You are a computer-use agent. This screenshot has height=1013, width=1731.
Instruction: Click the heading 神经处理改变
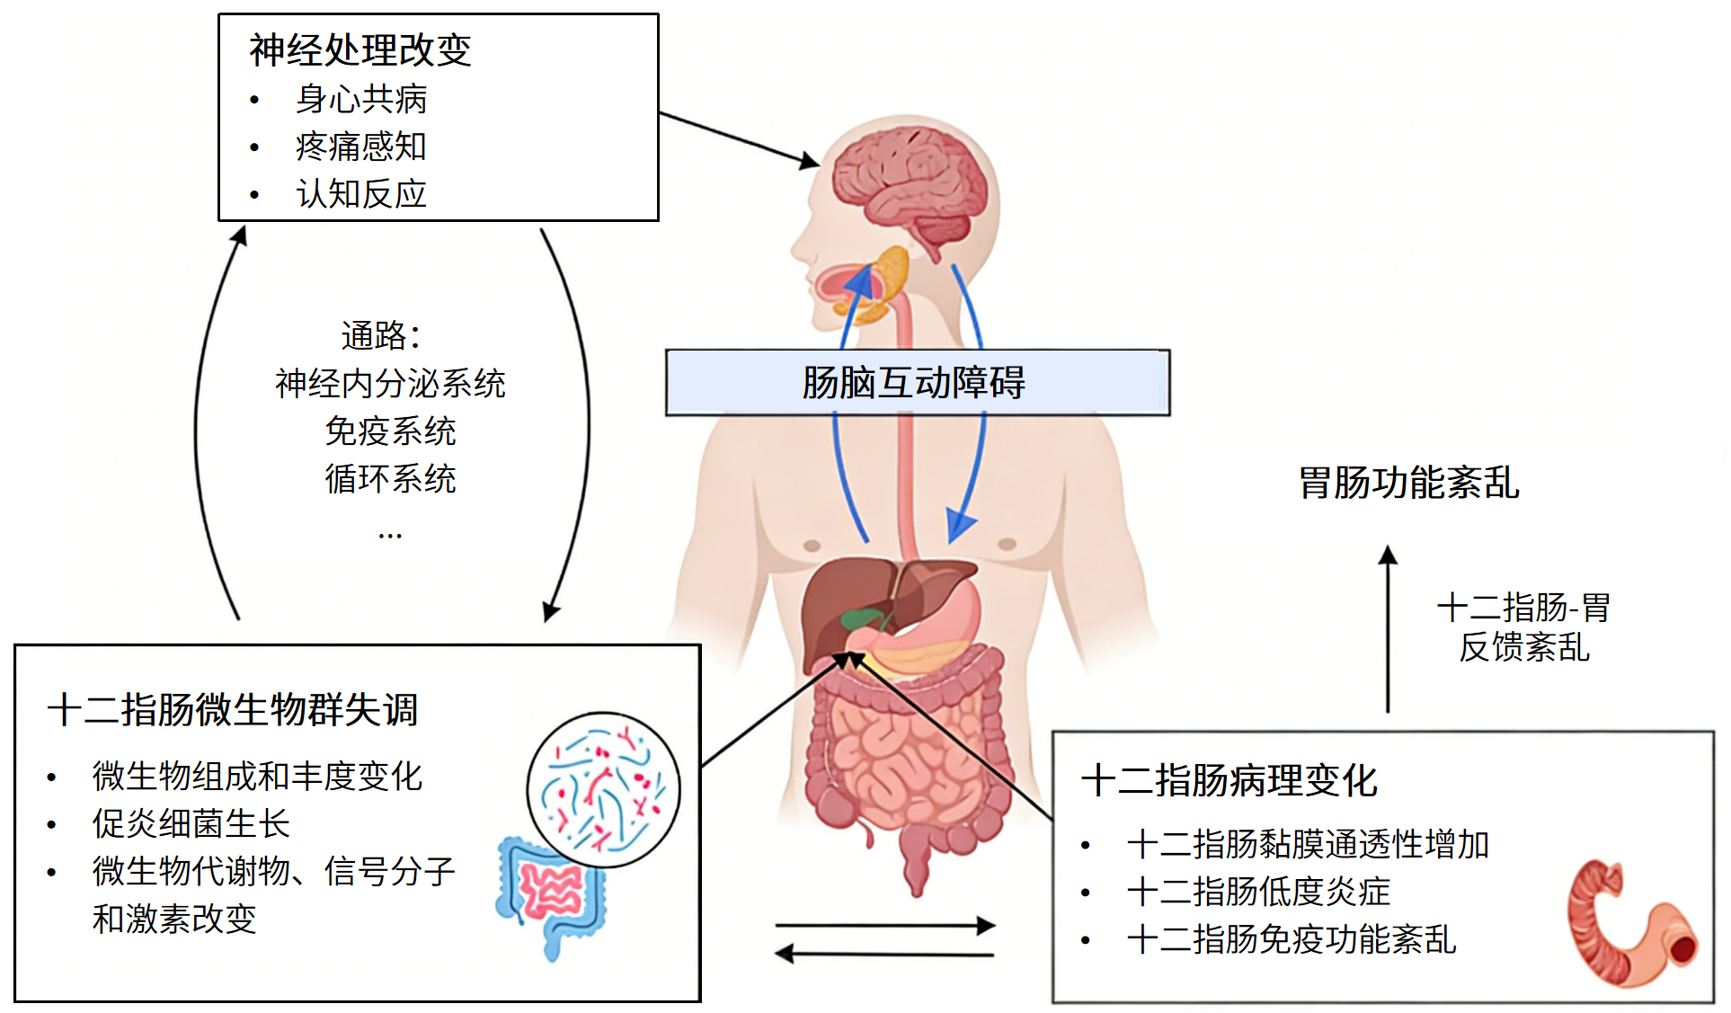(360, 50)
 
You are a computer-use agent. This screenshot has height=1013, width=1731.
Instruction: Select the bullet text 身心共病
(361, 99)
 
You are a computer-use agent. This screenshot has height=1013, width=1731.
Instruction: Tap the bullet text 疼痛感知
(361, 147)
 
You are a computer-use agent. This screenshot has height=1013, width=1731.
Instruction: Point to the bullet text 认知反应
(361, 194)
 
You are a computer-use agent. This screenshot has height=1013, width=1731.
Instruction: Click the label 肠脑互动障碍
(914, 383)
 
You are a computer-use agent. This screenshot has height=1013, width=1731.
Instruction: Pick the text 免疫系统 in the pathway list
(390, 431)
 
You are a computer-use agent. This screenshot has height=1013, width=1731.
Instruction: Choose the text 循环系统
(390, 479)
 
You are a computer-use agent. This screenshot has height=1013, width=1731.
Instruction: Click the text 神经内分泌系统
(390, 384)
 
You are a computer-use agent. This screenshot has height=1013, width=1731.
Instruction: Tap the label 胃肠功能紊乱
(1408, 483)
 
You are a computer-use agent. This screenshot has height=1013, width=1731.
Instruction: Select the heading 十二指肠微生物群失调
(232, 710)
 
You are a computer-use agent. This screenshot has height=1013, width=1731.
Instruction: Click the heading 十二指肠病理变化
(1229, 780)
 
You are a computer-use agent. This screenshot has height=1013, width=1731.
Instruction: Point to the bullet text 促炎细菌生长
(191, 823)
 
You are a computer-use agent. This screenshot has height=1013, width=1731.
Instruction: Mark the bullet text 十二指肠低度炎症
(1258, 892)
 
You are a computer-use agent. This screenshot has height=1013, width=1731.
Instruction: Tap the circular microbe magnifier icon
(603, 789)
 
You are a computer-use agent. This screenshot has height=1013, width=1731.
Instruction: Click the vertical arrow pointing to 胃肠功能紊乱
(1388, 629)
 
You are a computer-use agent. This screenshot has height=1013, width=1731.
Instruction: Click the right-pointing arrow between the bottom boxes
(885, 925)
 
